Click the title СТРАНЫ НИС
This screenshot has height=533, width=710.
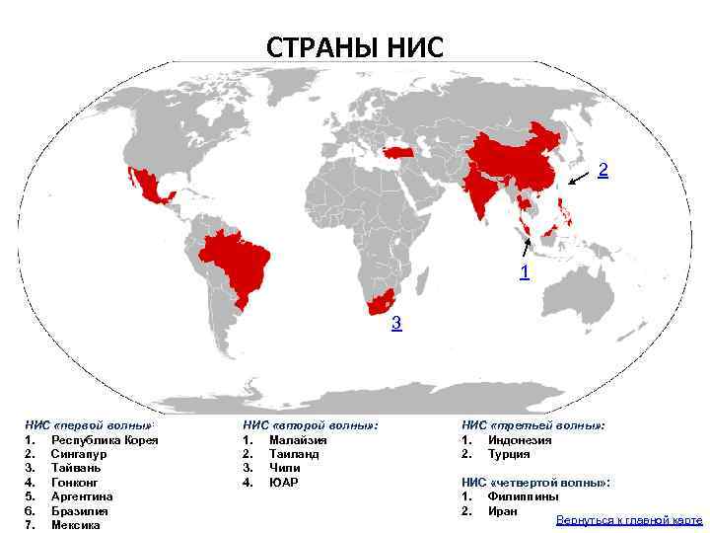tap(355, 46)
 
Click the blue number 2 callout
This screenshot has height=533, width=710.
tap(603, 170)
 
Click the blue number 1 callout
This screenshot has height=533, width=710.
tap(524, 269)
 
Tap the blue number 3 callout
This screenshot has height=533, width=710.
tap(395, 323)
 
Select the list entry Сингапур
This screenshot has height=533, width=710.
tap(78, 454)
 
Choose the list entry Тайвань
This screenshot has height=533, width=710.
tap(75, 468)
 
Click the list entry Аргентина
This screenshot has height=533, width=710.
tap(82, 496)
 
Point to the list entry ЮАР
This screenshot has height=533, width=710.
tap(283, 483)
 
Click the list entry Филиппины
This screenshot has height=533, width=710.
tap(523, 496)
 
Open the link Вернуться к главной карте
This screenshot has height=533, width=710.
tap(628, 520)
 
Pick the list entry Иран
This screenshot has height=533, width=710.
tap(502, 511)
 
